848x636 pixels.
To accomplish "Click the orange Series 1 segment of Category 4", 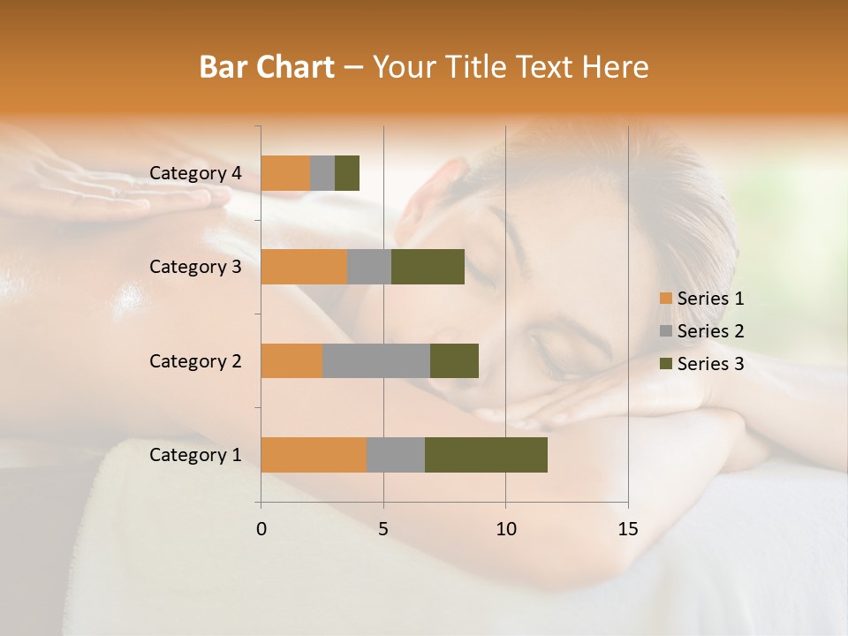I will coord(285,173).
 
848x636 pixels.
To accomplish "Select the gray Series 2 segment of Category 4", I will coord(322,173).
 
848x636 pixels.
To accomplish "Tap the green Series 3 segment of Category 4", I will coord(347,173).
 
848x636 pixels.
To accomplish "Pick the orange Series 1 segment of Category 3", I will coord(304,267).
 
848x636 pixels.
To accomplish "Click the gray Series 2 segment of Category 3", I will coord(369,267).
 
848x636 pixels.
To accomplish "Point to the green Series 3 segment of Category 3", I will coord(428,267).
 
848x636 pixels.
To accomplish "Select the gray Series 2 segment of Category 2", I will coord(376,360).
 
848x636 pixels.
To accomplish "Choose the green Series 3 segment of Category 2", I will coord(454,360).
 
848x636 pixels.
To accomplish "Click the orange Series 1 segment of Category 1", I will coord(314,455).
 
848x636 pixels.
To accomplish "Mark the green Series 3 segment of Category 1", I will coord(486,455).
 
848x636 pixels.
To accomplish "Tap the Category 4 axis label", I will coord(195,173).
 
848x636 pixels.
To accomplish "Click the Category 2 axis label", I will coord(195,361).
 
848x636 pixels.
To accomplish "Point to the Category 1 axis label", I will coord(195,455).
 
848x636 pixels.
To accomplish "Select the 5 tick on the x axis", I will coord(383,529).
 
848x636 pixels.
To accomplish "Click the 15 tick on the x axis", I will coord(627,529).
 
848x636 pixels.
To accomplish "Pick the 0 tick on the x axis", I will coord(261,529).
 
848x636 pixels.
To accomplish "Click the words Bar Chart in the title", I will coord(267,67).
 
